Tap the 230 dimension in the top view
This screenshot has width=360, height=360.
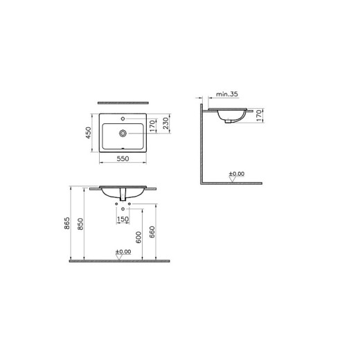166,123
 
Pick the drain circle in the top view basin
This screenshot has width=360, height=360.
123,131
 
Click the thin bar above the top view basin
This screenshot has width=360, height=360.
123,97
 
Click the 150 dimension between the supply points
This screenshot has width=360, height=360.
123,219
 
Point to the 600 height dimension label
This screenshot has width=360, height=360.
139,235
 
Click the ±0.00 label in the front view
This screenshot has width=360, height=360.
123,252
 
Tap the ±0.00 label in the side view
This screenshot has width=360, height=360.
237,174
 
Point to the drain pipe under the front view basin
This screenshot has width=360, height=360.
123,197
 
